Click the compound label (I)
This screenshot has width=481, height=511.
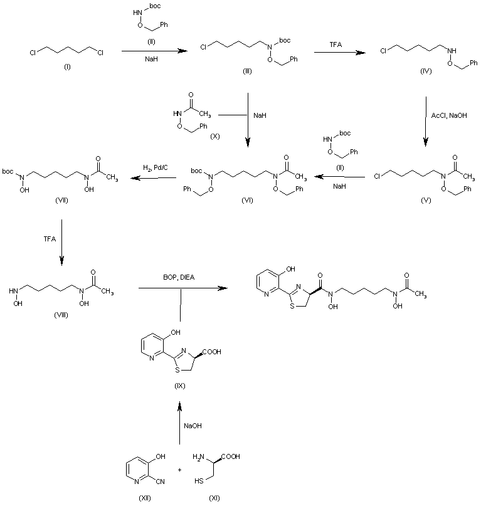coord(67,67)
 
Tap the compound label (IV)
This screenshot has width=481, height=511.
coord(427,73)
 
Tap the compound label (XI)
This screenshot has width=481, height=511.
coord(215,498)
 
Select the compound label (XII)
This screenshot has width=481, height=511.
coord(145,498)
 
